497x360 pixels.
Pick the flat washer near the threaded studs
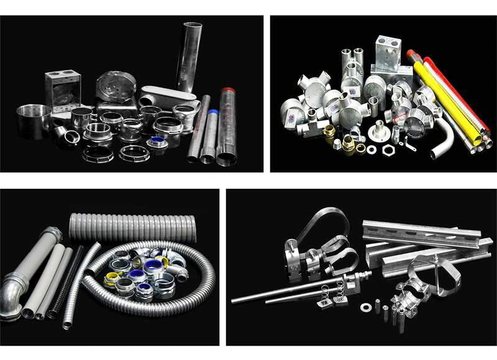click(363, 306)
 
